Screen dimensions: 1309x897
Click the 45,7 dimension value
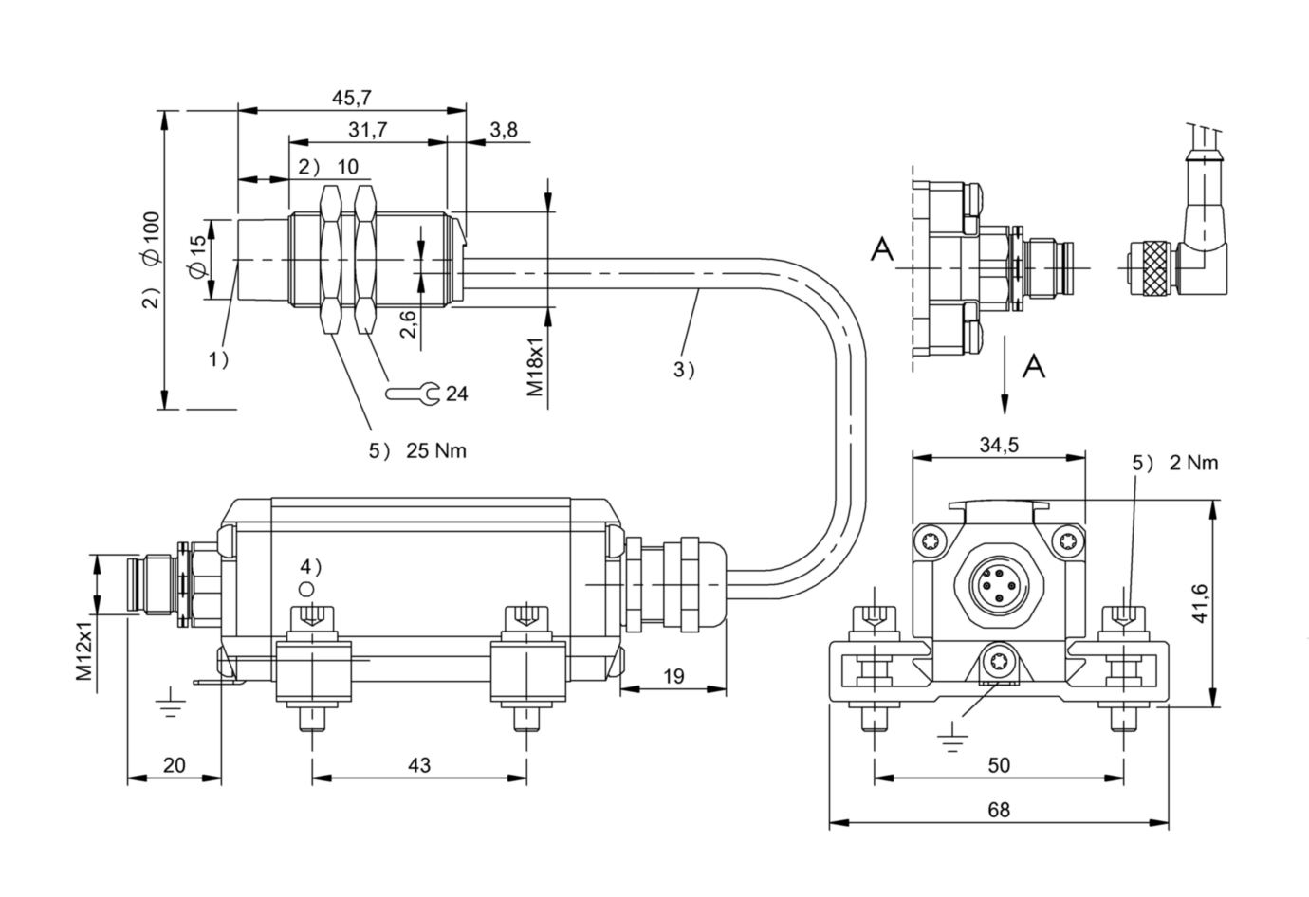351,98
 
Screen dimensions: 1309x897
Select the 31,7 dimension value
368,130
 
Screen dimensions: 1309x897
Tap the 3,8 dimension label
503,130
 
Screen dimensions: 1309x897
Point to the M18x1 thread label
535,363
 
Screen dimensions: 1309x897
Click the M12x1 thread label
84,648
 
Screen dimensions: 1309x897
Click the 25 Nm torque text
436,450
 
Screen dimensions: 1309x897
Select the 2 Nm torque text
1194,463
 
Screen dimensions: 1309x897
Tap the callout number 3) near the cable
684,370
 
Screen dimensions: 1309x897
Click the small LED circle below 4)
306,589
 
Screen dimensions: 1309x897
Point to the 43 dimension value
419,765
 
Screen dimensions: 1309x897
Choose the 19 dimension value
673,676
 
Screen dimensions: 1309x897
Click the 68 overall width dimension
999,810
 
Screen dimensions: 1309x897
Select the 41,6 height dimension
1199,603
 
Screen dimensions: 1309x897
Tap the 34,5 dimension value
999,446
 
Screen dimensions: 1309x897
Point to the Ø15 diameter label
197,258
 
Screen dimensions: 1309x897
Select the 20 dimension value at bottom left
175,765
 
